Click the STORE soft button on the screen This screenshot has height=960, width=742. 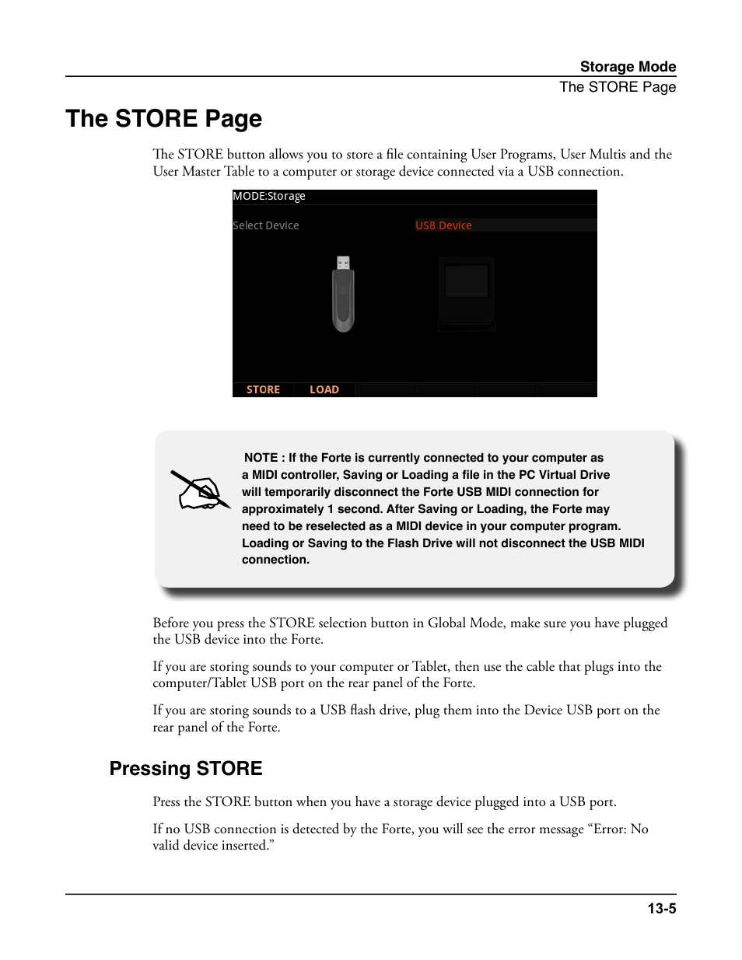pos(263,389)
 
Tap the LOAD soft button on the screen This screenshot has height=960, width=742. pos(324,389)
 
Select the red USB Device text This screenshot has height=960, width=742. pos(443,225)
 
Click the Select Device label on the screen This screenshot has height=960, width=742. pos(265,225)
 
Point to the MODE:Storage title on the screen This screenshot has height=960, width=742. pos(268,196)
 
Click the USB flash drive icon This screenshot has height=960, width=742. pos(343,294)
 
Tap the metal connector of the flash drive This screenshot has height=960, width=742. pos(343,263)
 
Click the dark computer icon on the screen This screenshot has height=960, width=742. pos(466,294)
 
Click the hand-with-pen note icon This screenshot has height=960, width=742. pos(201,490)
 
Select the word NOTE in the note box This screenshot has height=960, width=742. pos(261,458)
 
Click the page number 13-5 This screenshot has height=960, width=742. pos(662,909)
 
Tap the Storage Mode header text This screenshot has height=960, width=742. pos(628,67)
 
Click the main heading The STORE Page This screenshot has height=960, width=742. pos(164,118)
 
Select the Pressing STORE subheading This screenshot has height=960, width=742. pos(186,768)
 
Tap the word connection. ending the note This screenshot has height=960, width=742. pos(275,560)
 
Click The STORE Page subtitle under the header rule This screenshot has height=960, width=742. pos(618,87)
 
